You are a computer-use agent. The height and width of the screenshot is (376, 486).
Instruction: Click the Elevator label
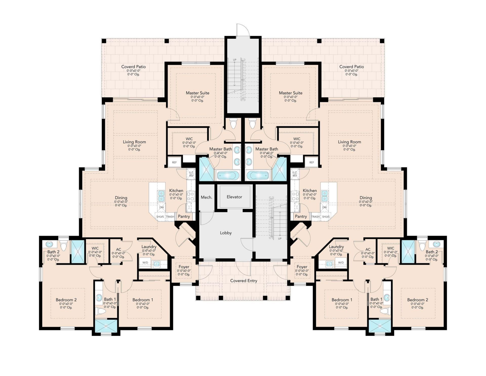click(x=234, y=197)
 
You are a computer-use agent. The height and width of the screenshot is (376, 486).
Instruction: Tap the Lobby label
click(x=226, y=233)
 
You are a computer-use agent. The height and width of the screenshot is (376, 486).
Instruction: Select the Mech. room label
click(x=207, y=197)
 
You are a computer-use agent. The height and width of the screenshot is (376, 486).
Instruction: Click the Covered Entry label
click(x=244, y=281)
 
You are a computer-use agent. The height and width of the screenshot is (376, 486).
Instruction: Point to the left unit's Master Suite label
click(x=197, y=93)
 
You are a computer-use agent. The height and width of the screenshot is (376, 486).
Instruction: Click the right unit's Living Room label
click(x=350, y=142)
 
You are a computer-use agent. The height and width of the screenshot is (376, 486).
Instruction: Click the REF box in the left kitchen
click(x=174, y=162)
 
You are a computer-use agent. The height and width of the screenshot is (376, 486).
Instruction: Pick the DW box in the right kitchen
click(x=325, y=208)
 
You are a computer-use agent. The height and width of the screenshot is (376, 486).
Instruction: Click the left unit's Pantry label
click(x=184, y=216)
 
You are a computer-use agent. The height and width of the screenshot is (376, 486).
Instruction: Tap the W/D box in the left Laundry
click(x=145, y=262)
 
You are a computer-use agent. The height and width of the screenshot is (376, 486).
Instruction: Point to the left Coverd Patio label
click(x=133, y=67)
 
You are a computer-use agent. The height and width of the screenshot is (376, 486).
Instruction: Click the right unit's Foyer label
click(x=302, y=267)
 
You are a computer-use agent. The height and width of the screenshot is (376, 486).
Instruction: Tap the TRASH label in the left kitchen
click(x=170, y=217)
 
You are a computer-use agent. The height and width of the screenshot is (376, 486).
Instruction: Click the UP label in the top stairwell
click(x=235, y=60)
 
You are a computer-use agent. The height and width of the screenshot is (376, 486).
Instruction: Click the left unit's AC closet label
click(x=118, y=249)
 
